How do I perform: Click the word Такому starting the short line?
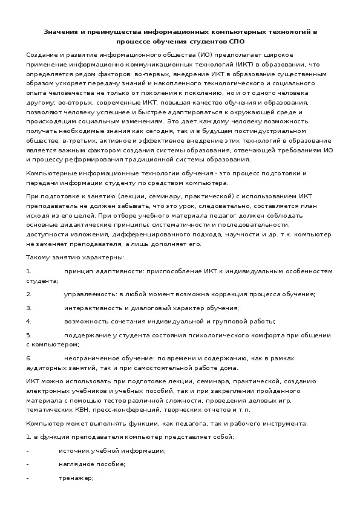point(39,258)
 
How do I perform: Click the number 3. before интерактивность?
point(28,308)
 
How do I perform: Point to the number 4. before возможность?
point(28,321)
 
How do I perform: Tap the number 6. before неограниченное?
point(28,358)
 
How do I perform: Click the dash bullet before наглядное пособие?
point(28,464)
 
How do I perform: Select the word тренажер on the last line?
point(76,478)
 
